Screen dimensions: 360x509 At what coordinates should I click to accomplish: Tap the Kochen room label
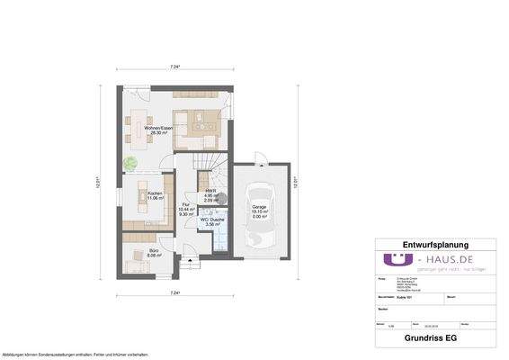coord(155,195)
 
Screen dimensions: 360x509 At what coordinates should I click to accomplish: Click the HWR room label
coord(210,193)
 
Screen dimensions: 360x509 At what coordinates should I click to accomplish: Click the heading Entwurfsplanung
coord(434,244)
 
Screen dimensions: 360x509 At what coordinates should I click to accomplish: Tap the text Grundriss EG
coord(434,340)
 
